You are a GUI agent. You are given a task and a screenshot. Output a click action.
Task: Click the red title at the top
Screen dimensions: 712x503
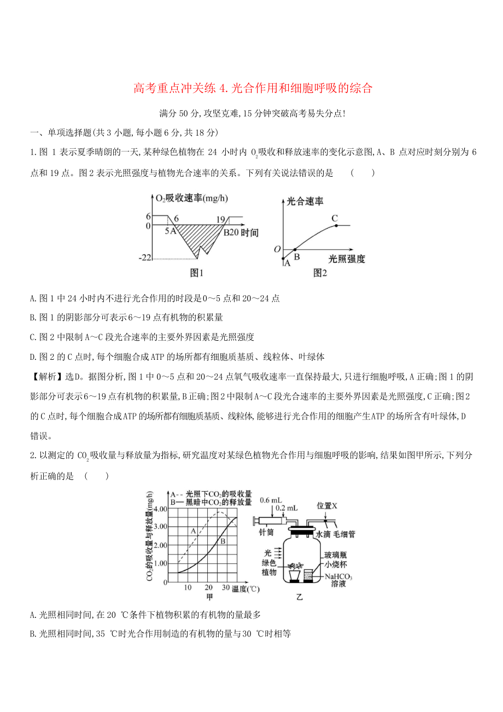(x=253, y=88)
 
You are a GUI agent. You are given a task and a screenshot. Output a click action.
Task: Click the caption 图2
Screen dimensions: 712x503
(x=320, y=273)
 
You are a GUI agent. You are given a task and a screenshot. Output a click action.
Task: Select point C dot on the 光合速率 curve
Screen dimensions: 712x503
(x=336, y=225)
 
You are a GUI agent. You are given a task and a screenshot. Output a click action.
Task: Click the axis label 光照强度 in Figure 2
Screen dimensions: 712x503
(x=347, y=259)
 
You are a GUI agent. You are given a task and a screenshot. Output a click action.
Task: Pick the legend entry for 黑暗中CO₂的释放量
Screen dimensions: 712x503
(x=211, y=501)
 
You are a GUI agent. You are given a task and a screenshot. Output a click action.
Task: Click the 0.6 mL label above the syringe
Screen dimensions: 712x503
(x=271, y=500)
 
